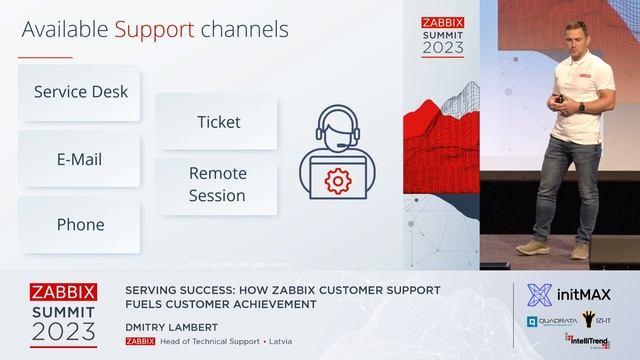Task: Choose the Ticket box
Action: point(217,122)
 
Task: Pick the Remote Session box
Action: point(217,184)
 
